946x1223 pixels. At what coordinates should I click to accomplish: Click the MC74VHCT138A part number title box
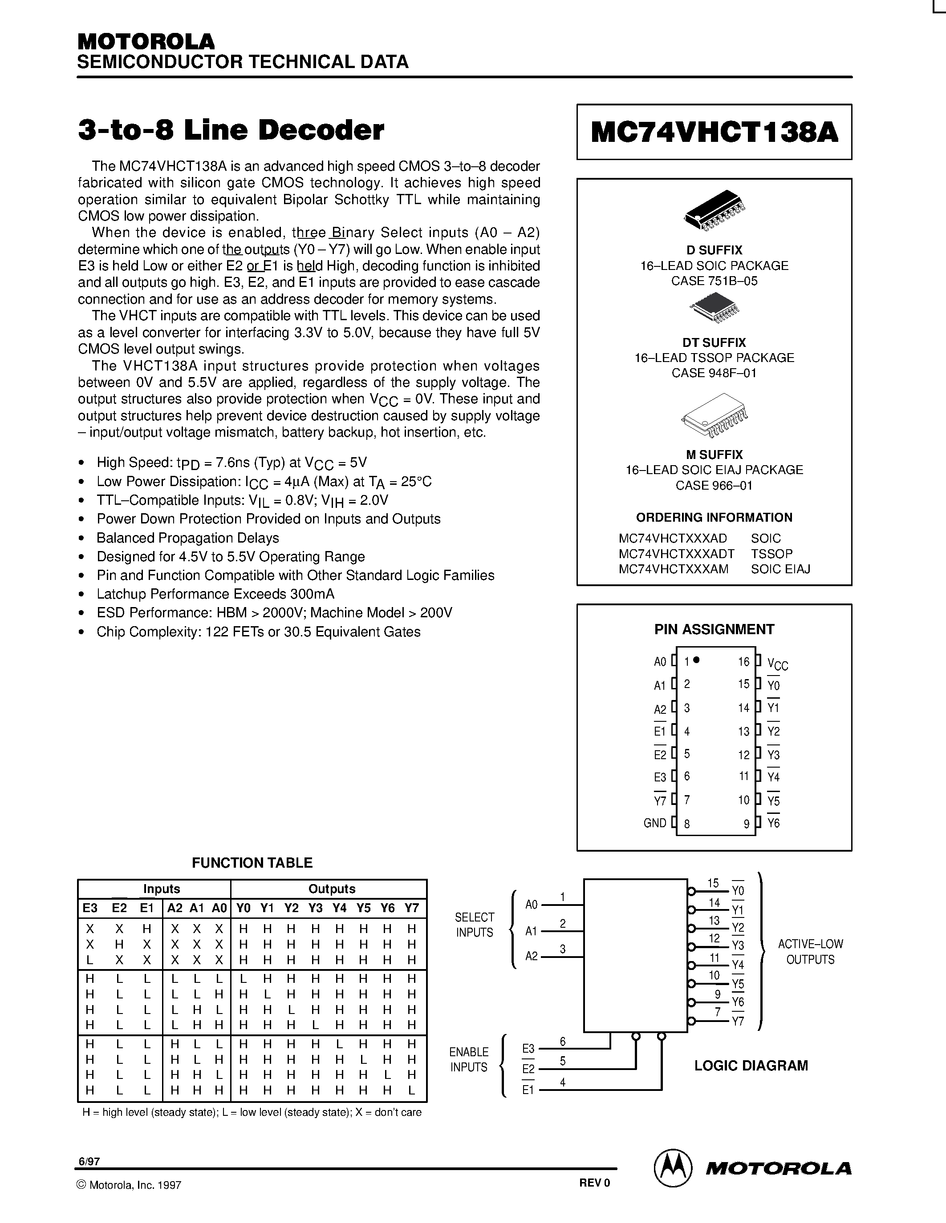(714, 132)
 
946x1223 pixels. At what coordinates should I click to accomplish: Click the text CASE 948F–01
(714, 373)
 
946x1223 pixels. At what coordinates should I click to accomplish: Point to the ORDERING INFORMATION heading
(714, 517)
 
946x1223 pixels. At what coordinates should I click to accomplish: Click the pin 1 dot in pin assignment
(697, 660)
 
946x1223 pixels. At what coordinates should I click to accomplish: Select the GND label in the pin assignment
(654, 823)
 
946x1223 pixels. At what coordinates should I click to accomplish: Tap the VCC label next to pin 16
(777, 664)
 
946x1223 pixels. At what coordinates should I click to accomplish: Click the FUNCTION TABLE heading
(252, 863)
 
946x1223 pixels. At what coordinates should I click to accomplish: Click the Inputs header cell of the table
(162, 889)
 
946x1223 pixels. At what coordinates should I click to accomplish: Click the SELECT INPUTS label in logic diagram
(474, 925)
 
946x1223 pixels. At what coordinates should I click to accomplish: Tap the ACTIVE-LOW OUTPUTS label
(810, 951)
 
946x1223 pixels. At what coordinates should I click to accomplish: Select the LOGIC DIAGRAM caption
(751, 1066)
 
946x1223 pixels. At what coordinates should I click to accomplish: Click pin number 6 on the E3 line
(563, 1042)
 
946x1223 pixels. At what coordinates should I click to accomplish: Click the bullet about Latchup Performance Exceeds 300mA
(215, 594)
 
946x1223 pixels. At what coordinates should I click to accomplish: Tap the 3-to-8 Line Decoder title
(231, 130)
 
